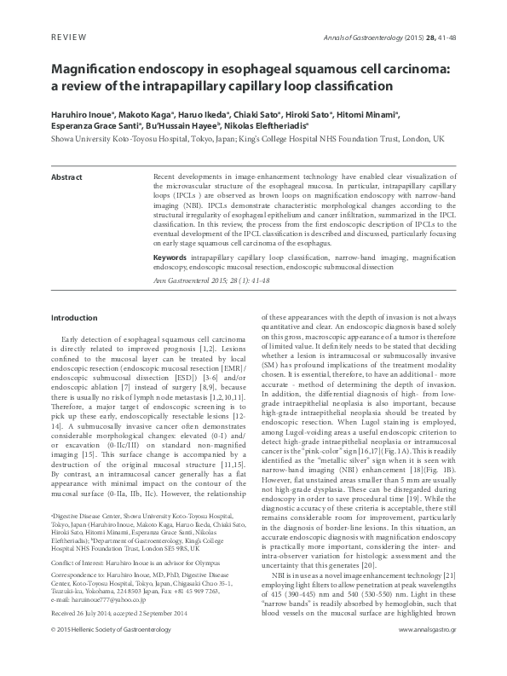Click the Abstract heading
[67, 176]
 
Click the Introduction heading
[75, 318]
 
